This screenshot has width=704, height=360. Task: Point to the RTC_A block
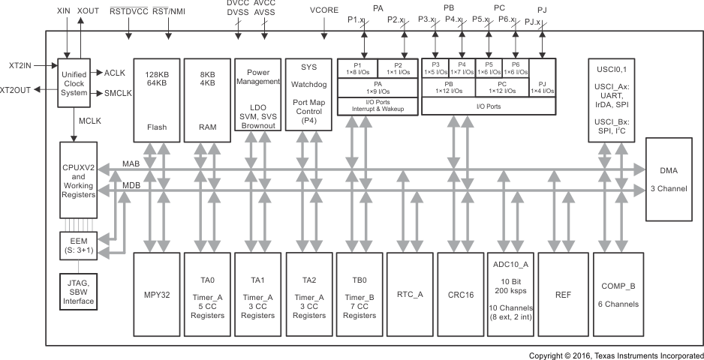(x=410, y=295)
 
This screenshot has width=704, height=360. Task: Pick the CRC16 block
(x=461, y=295)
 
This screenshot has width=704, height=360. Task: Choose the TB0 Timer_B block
(x=359, y=295)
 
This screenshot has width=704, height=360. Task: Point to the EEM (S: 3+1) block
(x=77, y=244)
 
